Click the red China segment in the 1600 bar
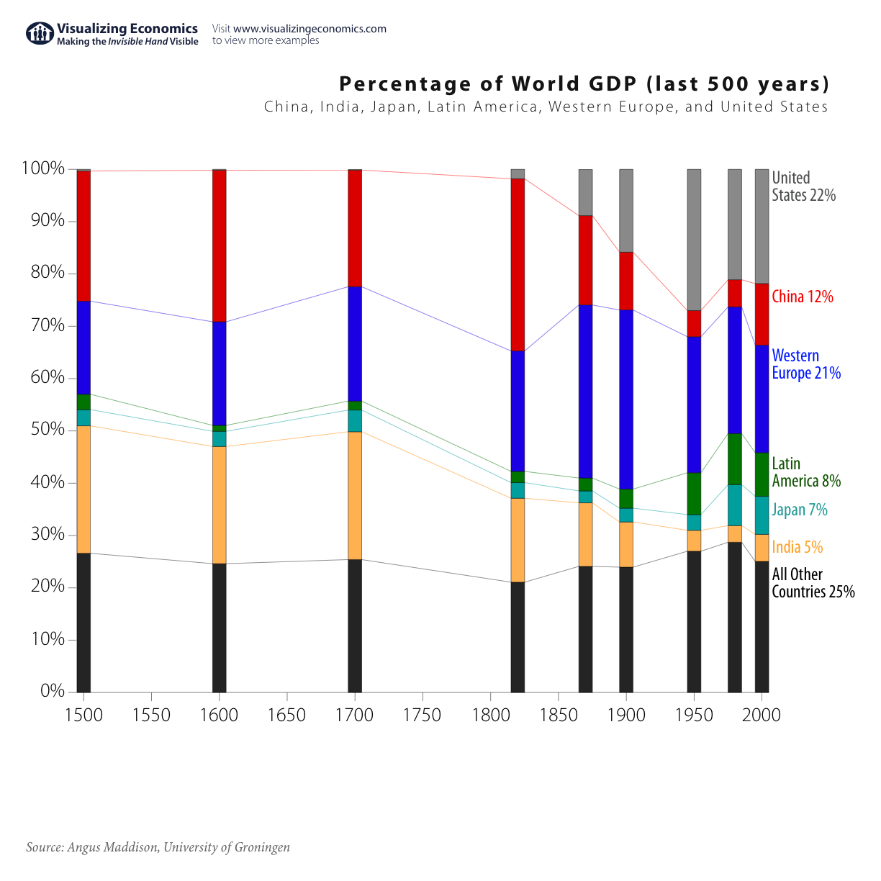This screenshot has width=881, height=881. point(220,245)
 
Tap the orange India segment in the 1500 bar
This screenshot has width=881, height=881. point(83,489)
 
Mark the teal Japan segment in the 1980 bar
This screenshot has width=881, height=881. point(734,505)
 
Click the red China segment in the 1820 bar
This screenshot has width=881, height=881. point(518,264)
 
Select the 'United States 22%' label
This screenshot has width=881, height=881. point(803,186)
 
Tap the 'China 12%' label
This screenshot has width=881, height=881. point(802,297)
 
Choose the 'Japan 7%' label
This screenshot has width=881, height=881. point(799,510)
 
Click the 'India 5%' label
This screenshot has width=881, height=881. point(797,547)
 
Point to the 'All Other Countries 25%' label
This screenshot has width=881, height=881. point(813,583)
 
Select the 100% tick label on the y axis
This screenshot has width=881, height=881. point(42,168)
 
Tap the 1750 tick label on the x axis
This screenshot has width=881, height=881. point(423,715)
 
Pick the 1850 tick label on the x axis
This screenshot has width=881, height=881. point(558,715)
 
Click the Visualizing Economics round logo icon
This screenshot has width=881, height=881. point(40,33)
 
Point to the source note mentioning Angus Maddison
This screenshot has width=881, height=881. point(158,847)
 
